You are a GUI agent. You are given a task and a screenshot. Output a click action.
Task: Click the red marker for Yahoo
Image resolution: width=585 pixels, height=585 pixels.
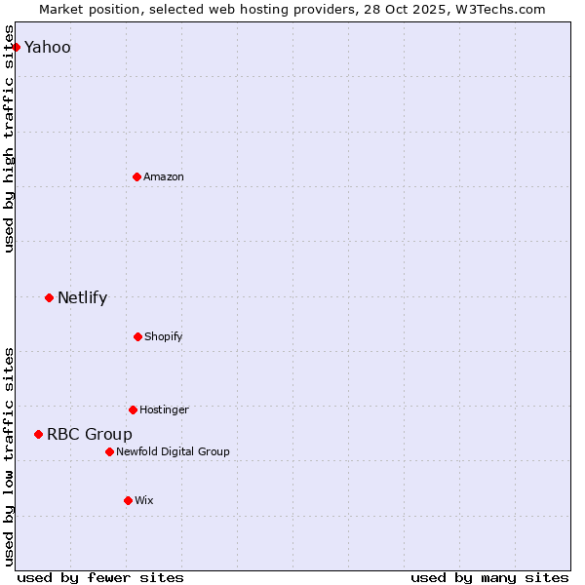pos(16,47)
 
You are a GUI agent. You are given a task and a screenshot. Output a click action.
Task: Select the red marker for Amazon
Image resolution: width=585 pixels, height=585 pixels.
pos(136,176)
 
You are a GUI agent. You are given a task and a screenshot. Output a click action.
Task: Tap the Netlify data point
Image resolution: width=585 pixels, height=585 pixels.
pos(49,297)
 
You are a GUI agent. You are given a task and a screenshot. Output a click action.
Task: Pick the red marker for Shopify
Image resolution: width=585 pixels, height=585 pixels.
pos(137,336)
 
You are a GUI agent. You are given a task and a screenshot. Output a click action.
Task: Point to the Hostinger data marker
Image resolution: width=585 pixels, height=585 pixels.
pos(133,409)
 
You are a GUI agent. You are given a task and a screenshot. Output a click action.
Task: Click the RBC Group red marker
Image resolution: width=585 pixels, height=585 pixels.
pos(38,434)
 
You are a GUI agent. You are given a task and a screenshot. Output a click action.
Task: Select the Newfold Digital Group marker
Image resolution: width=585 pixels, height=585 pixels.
pos(109,451)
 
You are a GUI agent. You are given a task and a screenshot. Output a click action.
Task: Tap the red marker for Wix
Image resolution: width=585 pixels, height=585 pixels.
pos(128,500)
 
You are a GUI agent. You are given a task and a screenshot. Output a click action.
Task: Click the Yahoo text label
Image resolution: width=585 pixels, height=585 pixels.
pos(48,47)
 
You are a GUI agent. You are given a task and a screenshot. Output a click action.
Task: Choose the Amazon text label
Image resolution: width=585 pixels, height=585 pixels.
pos(164,176)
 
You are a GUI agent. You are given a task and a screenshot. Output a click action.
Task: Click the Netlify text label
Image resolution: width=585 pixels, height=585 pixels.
pos(82,297)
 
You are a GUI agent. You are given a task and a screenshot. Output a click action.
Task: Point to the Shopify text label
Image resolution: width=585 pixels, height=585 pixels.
pos(164,336)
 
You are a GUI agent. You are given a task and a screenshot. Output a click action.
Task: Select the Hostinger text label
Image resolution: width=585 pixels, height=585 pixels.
pos(164,409)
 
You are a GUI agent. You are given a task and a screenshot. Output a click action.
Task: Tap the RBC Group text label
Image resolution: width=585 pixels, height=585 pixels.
pos(90,434)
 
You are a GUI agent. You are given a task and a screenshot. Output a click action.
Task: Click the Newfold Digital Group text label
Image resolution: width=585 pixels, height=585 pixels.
pos(173,451)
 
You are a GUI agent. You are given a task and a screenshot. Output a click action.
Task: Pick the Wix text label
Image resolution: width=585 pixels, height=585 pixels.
pos(144,500)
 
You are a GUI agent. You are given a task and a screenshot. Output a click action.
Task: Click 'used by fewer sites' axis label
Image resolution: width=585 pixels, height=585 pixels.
pos(100,577)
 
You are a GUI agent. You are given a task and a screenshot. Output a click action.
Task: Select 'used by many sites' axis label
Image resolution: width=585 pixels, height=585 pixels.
pos(489,577)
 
